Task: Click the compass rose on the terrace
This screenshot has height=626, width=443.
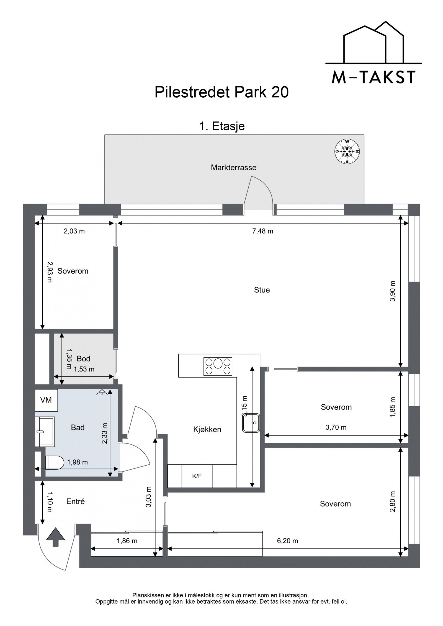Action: (x=347, y=151)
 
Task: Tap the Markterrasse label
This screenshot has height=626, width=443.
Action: (x=233, y=167)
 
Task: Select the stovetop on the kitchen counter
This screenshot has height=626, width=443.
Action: (x=218, y=366)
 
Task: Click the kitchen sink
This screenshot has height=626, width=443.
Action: (x=251, y=423)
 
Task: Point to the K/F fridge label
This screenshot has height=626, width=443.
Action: (x=197, y=476)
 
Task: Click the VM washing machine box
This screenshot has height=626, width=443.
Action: (x=46, y=400)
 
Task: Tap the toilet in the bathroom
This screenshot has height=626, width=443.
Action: (x=54, y=462)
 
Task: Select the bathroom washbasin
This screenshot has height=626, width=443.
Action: (x=45, y=432)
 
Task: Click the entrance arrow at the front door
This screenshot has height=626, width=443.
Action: (x=56, y=537)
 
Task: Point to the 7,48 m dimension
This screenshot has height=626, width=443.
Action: (x=262, y=231)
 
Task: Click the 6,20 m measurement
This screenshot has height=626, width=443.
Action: (x=287, y=541)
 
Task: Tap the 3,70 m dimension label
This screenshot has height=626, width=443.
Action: (x=336, y=427)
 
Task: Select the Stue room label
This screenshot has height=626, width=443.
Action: (x=262, y=290)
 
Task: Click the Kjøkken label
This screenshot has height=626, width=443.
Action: (x=207, y=430)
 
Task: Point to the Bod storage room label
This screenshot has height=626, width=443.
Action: (x=83, y=359)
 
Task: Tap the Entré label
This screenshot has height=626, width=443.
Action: (x=76, y=502)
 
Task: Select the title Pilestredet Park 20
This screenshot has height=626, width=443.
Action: (x=221, y=92)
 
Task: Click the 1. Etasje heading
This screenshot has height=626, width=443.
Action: (x=222, y=126)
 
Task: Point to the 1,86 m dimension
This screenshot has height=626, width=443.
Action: (x=127, y=541)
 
